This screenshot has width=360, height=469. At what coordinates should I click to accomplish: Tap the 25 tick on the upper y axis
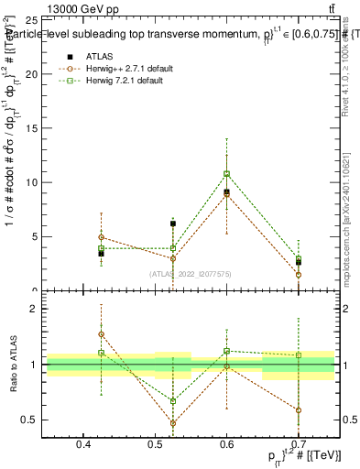(32, 18)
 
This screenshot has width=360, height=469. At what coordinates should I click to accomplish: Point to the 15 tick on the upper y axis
(32, 127)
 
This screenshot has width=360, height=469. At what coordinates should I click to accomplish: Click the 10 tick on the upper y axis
(32, 182)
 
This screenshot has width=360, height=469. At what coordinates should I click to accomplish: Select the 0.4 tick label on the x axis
(83, 444)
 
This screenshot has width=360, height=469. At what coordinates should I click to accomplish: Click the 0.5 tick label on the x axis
(155, 444)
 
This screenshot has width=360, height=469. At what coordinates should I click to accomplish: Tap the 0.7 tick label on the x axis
(298, 444)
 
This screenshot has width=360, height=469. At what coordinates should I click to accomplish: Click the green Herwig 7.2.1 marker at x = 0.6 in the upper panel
(226, 173)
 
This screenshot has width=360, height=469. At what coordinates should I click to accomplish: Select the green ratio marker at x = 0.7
(298, 355)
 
